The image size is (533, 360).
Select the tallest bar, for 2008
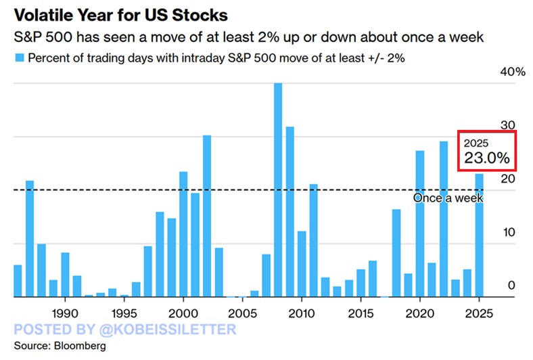click(278, 190)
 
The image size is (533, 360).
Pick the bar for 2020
click(419, 223)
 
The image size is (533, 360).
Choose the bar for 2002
click(207, 216)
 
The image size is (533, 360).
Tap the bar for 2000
click(183, 234)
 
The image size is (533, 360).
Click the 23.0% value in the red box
click(486, 158)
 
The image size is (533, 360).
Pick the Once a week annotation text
click(448, 198)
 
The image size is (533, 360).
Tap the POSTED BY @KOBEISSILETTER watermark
click(125, 330)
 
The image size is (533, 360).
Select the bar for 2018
click(396, 253)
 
